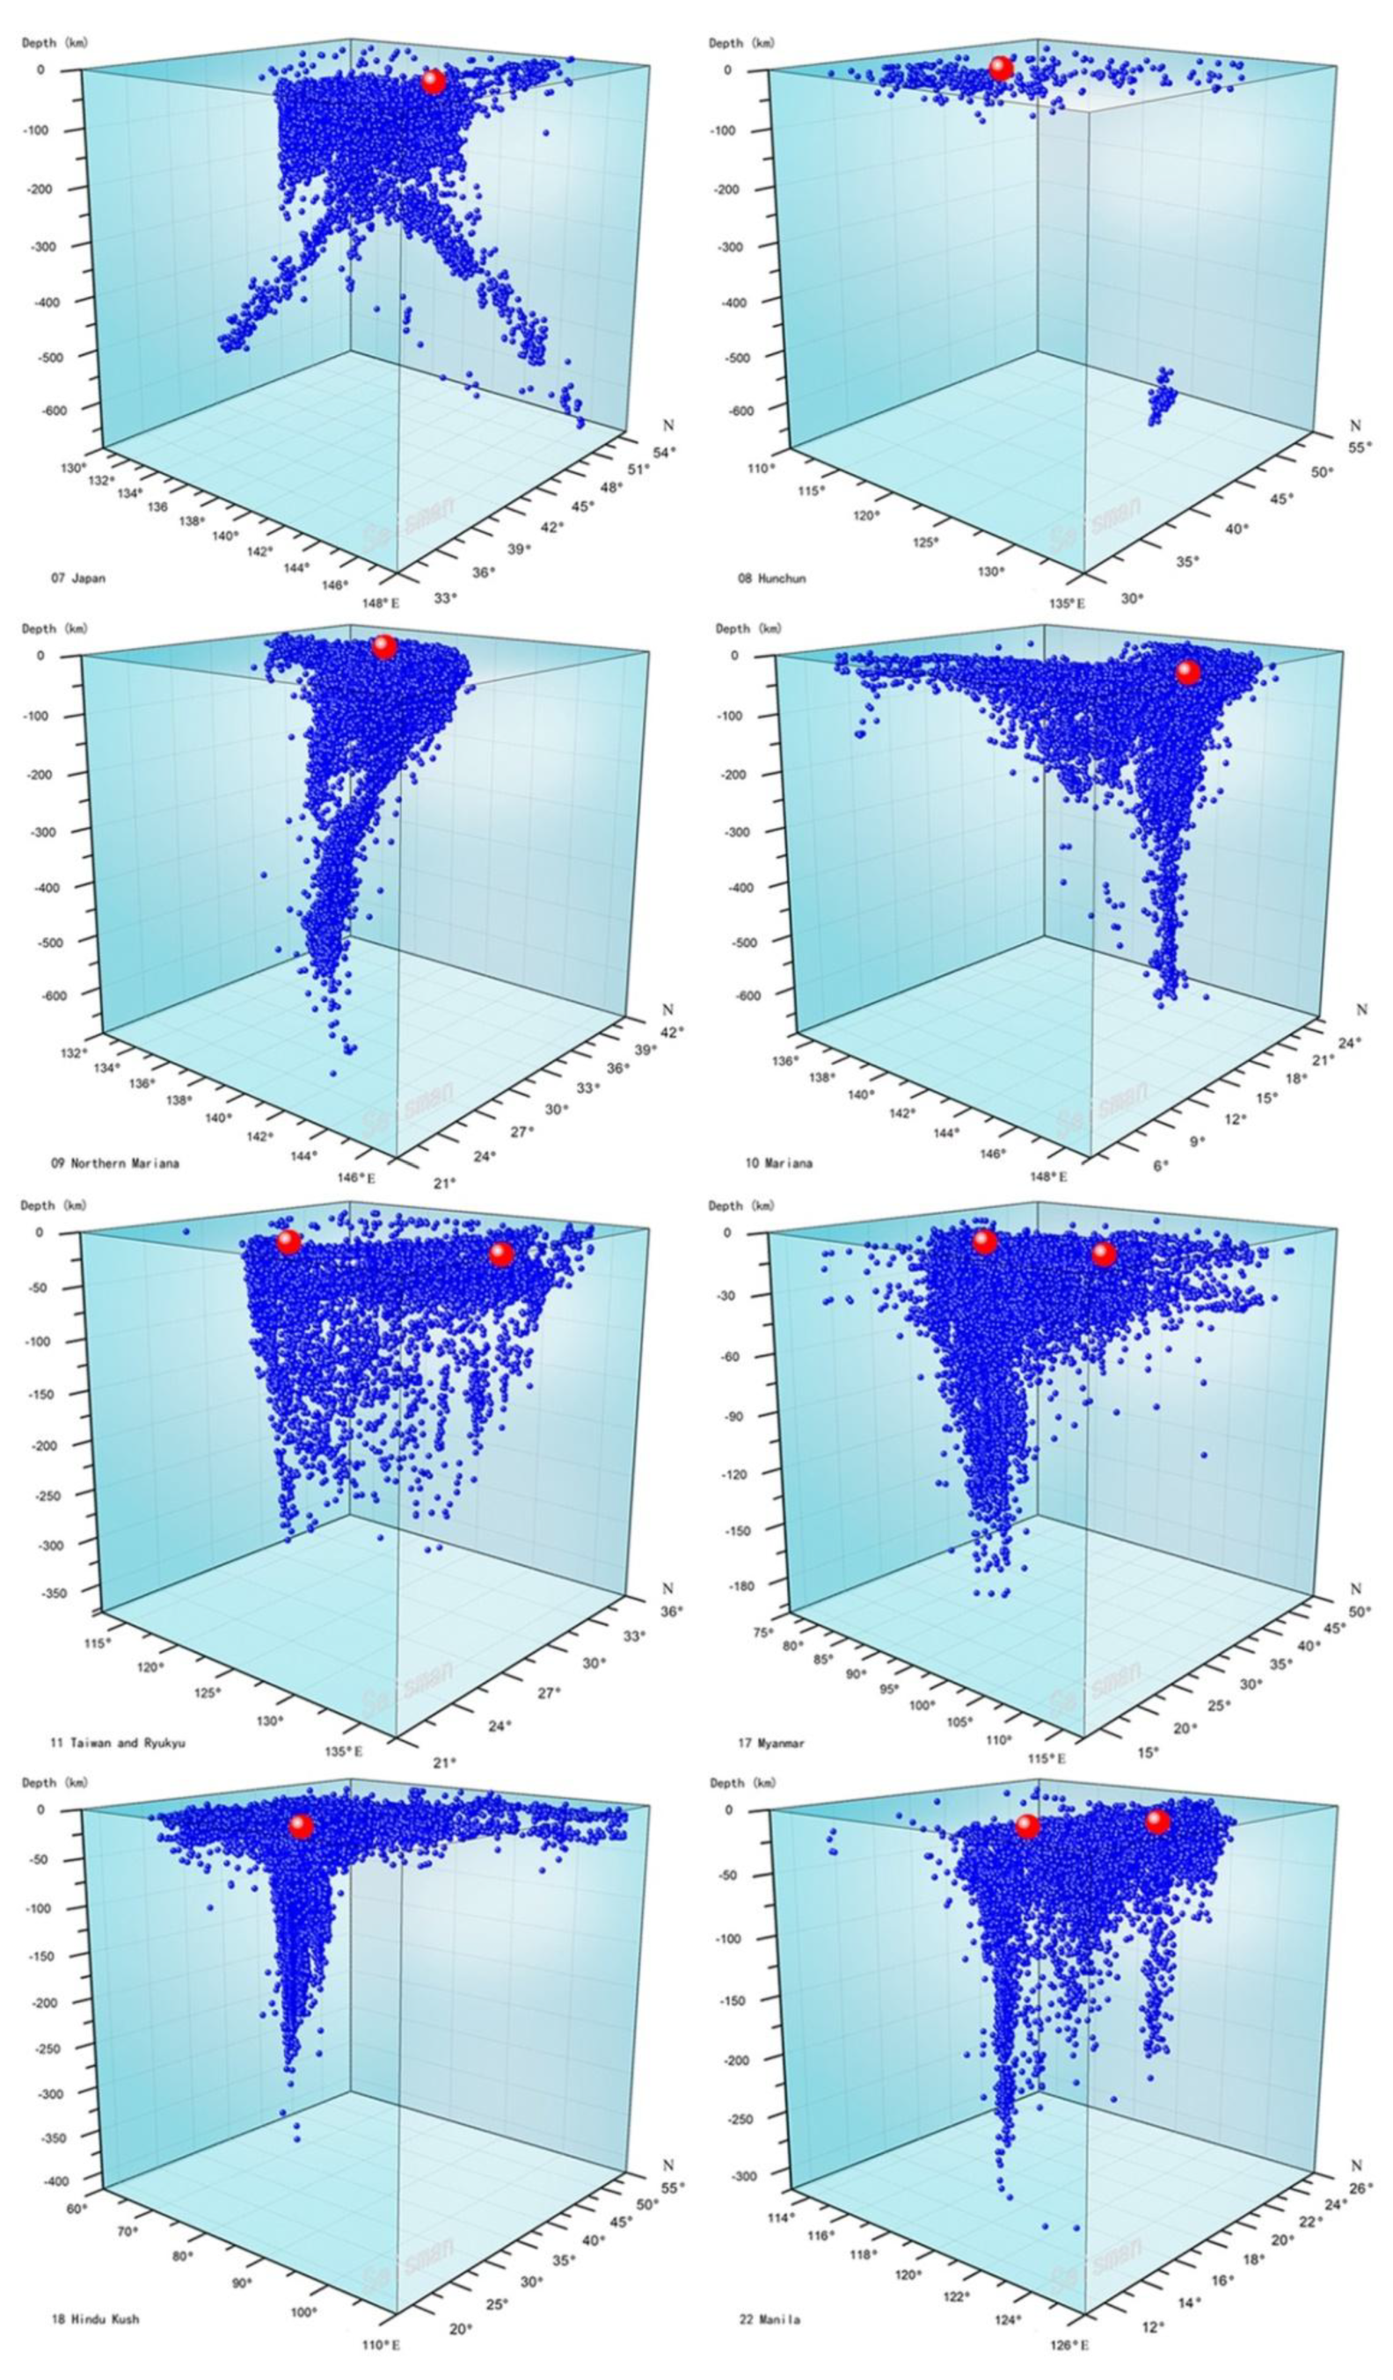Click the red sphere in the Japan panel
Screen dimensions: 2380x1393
pos(433,82)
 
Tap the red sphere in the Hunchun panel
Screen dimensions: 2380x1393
pos(1000,68)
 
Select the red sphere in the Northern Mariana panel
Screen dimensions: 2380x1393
pos(383,647)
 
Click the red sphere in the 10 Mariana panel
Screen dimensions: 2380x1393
pos(1187,673)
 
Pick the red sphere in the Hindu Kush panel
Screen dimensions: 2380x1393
pos(300,1827)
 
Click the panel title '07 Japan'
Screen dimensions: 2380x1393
pos(78,578)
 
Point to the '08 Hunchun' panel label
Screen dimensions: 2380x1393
pos(771,578)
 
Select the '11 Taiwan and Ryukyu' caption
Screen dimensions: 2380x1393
pos(117,1743)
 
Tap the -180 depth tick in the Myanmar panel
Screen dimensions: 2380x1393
pos(742,1586)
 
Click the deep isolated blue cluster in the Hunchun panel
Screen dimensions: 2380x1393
pos(1162,397)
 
